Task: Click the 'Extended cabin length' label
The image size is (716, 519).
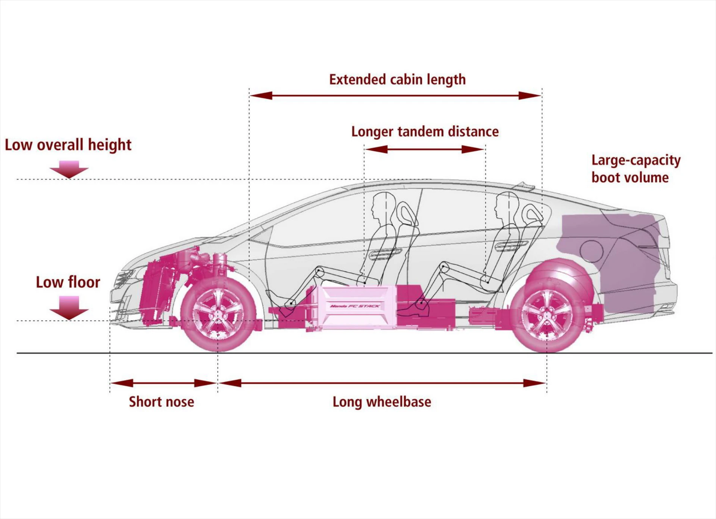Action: point(397,79)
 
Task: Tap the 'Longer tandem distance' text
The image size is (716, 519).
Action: point(425,132)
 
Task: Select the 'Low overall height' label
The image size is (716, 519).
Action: point(68,145)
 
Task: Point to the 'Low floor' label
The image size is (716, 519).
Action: point(68,282)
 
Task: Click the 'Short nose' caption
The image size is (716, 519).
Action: point(161,402)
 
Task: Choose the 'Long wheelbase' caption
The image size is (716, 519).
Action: point(382,402)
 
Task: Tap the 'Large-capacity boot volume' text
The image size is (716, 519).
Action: point(635,169)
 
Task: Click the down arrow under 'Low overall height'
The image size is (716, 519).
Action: point(69,169)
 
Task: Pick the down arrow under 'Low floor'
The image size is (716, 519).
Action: point(69,307)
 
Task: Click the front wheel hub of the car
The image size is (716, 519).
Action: point(218,314)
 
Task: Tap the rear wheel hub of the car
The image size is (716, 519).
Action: point(547,315)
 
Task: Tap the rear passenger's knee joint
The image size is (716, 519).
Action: point(444,266)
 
